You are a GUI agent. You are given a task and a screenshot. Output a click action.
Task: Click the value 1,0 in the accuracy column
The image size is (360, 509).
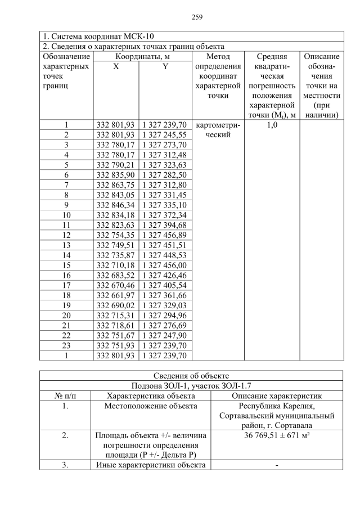271,125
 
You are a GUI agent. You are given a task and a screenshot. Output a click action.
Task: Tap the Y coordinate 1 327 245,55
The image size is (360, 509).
165,135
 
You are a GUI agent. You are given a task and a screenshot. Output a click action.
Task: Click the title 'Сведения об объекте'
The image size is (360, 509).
192,376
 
